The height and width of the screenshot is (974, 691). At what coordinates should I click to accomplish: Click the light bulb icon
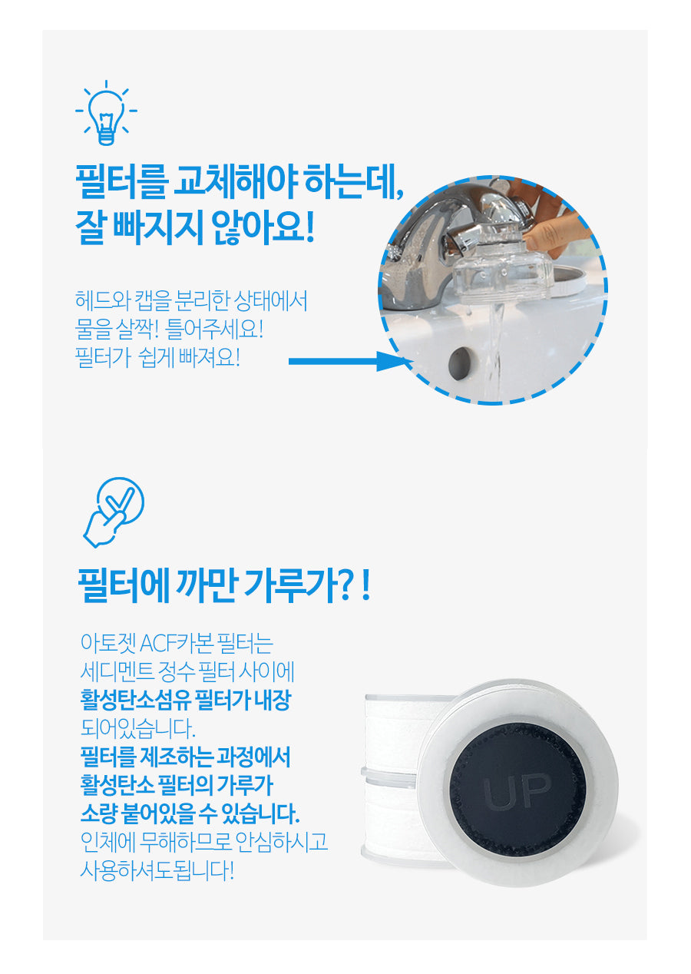[106, 113]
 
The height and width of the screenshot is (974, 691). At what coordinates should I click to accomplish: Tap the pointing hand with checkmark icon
[114, 512]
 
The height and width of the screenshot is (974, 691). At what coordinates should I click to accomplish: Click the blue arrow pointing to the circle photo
[350, 361]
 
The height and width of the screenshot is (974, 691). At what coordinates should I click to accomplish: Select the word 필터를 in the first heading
[121, 181]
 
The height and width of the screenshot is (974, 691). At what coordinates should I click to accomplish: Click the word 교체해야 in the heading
[236, 181]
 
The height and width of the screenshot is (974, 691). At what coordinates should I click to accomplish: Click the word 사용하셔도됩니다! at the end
[157, 871]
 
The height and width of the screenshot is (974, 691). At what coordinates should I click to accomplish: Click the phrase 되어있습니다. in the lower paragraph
[137, 729]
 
